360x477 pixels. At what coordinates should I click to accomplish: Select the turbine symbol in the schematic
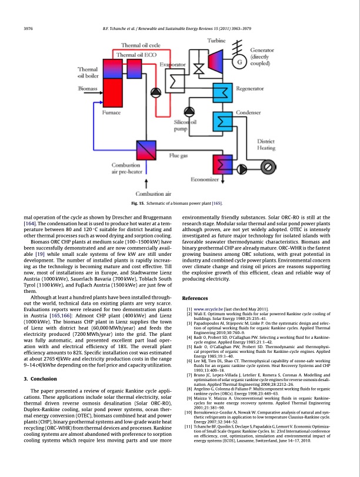215,61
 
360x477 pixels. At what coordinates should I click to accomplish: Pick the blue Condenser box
225,122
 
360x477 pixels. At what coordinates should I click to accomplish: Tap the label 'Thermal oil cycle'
141,45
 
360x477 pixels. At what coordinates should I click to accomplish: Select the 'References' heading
199,298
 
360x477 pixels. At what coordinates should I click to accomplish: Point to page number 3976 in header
26,28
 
